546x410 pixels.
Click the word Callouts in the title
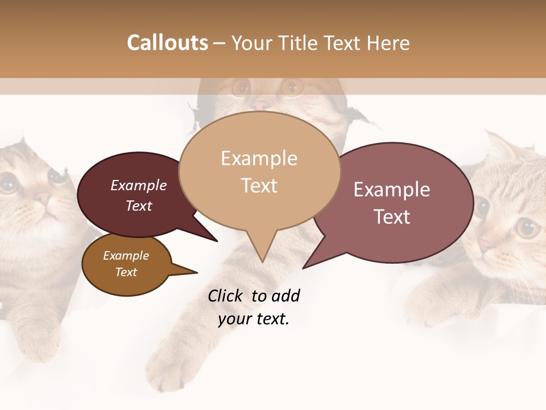pyautogui.click(x=167, y=43)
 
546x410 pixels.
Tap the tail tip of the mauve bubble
pyautogui.click(x=304, y=267)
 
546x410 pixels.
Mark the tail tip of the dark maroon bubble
pyautogui.click(x=216, y=241)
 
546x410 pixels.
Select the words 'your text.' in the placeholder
pyautogui.click(x=254, y=319)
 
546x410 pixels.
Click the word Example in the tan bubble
pyautogui.click(x=259, y=158)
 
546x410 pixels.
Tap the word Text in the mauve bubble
pyautogui.click(x=392, y=217)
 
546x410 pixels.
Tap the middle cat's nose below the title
pyautogui.click(x=260, y=105)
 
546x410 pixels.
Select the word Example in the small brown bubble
pyautogui.click(x=126, y=256)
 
